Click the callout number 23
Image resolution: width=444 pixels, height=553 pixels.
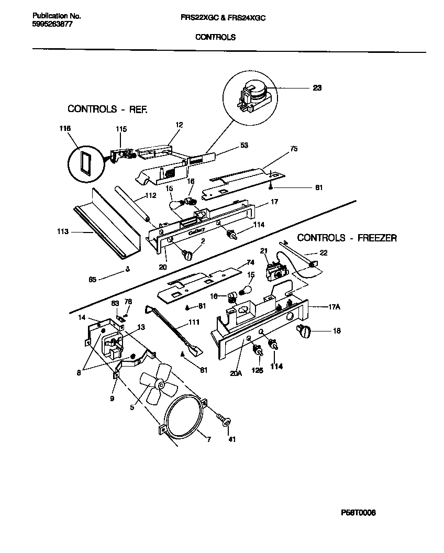click(317, 88)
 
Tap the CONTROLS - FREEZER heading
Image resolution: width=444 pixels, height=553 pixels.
click(347, 238)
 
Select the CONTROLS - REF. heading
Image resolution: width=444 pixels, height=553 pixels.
click(108, 109)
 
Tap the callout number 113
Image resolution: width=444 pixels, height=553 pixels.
click(63, 231)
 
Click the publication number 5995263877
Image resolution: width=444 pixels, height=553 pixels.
click(48, 24)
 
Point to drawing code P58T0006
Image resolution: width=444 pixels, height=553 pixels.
click(358, 513)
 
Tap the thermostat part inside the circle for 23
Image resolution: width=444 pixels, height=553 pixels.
click(253, 96)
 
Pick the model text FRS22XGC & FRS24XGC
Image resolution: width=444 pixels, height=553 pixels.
click(223, 17)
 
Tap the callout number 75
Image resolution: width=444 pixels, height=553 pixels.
click(294, 149)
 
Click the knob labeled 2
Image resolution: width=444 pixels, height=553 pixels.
click(187, 254)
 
